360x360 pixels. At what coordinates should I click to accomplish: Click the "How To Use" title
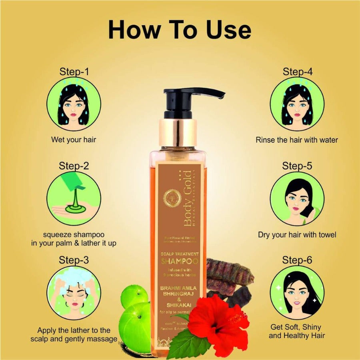(x=180, y=31)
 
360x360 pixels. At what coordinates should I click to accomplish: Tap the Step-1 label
(x=74, y=72)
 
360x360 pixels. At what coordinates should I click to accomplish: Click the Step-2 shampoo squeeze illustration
(x=74, y=198)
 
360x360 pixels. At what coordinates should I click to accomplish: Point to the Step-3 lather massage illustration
(x=74, y=292)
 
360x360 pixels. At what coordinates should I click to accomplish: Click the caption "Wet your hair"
(x=74, y=140)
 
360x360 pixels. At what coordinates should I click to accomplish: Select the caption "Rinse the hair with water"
(x=296, y=140)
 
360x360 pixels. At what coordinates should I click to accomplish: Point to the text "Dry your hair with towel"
(x=297, y=235)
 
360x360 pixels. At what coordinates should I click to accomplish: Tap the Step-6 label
(x=297, y=260)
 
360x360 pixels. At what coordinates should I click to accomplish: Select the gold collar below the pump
(x=178, y=132)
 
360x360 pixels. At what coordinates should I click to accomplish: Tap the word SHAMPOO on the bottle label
(x=180, y=261)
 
